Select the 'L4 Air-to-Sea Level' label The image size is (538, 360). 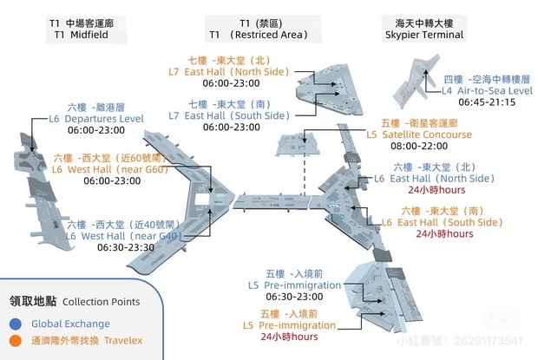click(x=487, y=89)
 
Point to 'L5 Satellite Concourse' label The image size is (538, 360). click(x=419, y=134)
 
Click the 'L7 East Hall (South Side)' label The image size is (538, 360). click(x=231, y=115)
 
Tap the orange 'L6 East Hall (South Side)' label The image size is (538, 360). click(x=443, y=222)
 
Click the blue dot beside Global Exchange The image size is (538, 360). click(x=15, y=324)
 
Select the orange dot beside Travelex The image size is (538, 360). click(x=15, y=341)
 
